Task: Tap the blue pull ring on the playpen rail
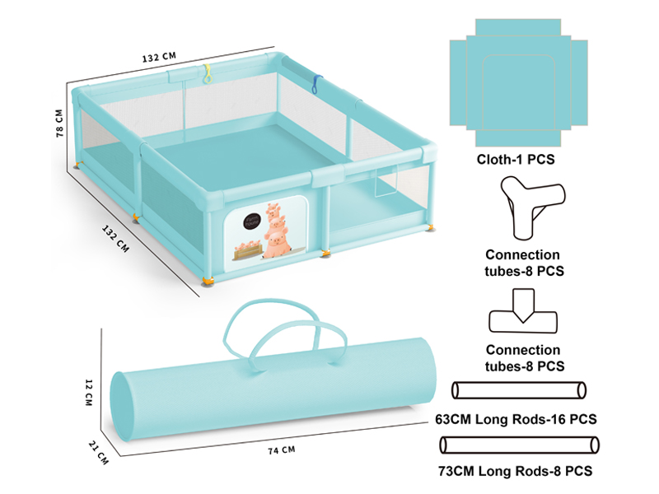[x=315, y=84]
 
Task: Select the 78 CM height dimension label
[x=59, y=123]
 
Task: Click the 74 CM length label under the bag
[x=282, y=450]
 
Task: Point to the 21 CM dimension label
[x=98, y=452]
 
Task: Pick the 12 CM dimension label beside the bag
[x=89, y=393]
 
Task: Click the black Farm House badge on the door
[x=252, y=221]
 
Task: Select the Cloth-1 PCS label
[x=516, y=160]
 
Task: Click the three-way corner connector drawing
[x=532, y=207]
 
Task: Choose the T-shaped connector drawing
[x=523, y=311]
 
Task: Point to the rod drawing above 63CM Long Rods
[x=519, y=390]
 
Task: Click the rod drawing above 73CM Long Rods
[x=519, y=445]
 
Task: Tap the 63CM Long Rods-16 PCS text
[x=516, y=419]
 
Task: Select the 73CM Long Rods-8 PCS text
[x=516, y=471]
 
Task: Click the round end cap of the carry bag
[x=122, y=406]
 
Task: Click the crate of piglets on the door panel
[x=248, y=249]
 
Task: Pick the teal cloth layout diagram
[x=519, y=83]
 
